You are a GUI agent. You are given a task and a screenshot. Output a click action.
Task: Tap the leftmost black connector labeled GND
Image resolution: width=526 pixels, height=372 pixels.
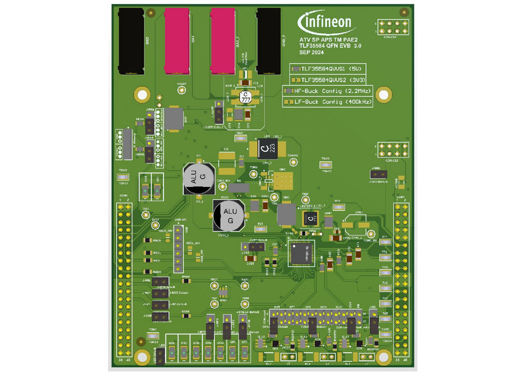pyautogui.click(x=131, y=41)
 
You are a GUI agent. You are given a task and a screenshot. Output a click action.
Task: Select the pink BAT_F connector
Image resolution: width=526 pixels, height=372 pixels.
pyautogui.click(x=222, y=41)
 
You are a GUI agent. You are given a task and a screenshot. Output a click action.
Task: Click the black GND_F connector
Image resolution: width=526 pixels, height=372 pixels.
pyautogui.click(x=269, y=41)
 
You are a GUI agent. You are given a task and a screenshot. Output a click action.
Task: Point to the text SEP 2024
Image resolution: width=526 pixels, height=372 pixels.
pyautogui.click(x=312, y=53)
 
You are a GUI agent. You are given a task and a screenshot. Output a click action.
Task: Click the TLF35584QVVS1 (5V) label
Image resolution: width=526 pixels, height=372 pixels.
pyautogui.click(x=327, y=69)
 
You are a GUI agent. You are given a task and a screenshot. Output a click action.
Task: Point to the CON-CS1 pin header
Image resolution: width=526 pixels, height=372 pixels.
pyautogui.click(x=393, y=28)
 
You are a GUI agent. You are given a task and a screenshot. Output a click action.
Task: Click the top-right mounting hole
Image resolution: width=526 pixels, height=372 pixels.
pyautogui.click(x=383, y=95)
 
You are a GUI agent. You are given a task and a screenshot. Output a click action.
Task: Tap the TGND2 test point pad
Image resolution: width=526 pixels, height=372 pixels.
pyautogui.click(x=326, y=165)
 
